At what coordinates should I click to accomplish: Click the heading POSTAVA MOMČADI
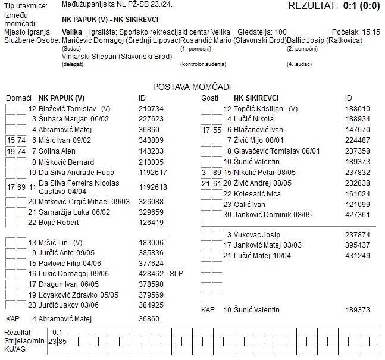click(192, 87)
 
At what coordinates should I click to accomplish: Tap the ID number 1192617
click(153, 173)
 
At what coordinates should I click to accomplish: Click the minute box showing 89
click(217, 173)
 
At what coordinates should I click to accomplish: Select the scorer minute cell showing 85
click(62, 342)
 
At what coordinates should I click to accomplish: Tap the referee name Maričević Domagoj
click(89, 40)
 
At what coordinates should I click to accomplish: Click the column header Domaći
click(18, 98)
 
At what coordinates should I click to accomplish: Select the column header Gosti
click(211, 98)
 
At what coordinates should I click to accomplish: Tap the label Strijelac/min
click(24, 342)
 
